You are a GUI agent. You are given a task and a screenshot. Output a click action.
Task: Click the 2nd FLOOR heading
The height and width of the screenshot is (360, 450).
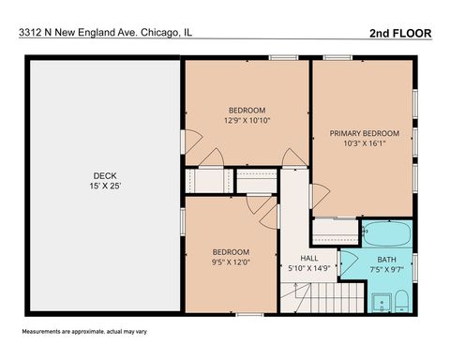point(400,32)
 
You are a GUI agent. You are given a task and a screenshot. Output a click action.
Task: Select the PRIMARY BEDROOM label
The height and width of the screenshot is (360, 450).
point(365,133)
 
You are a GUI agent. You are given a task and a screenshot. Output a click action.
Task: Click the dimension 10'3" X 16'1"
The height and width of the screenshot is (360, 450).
point(365,144)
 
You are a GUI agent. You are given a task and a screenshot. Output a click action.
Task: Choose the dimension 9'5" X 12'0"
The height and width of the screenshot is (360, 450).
point(230,263)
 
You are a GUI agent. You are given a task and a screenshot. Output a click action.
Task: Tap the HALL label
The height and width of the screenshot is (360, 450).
point(309,258)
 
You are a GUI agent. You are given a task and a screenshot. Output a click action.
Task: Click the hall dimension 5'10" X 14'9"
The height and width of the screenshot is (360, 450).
point(309,269)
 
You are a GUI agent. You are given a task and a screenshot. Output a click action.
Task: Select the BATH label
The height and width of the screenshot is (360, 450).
point(386,260)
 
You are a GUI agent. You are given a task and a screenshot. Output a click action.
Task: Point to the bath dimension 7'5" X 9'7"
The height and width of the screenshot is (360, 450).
point(386,271)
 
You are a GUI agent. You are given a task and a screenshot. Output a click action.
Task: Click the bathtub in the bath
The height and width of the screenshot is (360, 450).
point(387,232)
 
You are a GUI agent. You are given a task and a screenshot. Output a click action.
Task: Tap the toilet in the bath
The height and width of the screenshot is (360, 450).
point(399,301)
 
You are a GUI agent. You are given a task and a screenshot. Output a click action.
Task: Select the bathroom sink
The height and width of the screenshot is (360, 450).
point(380,302)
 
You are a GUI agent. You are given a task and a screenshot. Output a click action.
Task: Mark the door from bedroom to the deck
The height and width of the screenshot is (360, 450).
point(188,143)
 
